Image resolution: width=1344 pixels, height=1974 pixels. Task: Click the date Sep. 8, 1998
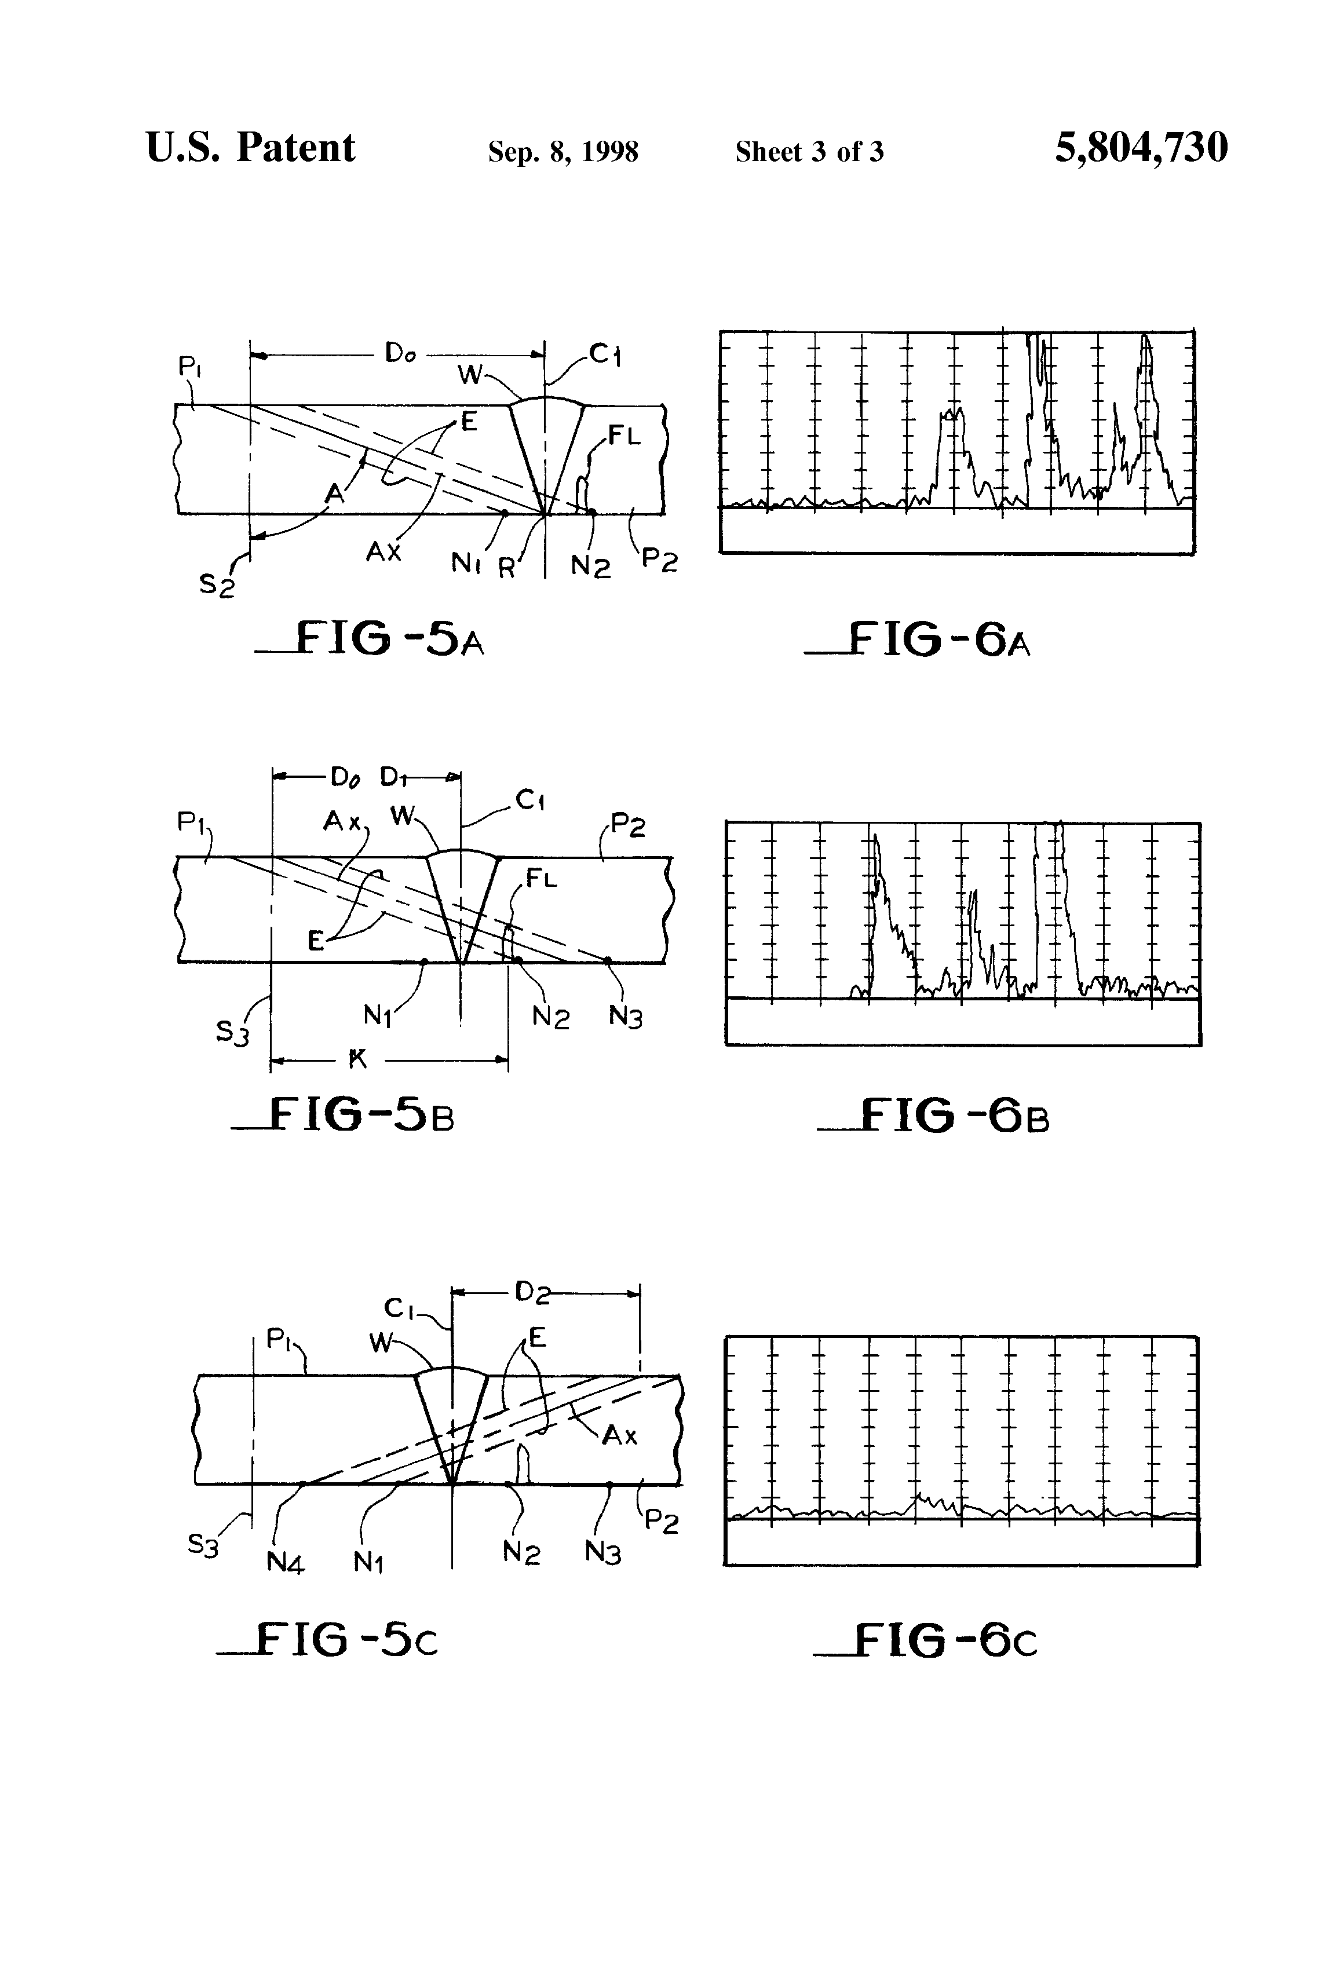tap(563, 152)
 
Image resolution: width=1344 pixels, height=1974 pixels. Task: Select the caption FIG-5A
tap(370, 639)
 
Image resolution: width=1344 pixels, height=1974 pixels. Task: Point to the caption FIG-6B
tap(933, 1114)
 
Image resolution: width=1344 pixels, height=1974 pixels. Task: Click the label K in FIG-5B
tap(357, 1058)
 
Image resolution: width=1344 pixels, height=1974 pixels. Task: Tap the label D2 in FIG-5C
tap(532, 1292)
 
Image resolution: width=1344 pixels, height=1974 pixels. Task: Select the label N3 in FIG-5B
tap(625, 1017)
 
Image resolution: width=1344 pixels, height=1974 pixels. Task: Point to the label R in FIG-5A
tap(507, 568)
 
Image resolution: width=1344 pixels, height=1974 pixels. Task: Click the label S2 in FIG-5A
tap(217, 585)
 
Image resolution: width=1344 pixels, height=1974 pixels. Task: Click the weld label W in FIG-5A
tap(470, 374)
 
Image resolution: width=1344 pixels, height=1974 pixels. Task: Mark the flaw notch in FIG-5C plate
tap(524, 1465)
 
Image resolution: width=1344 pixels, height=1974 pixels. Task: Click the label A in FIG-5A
tap(335, 493)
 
